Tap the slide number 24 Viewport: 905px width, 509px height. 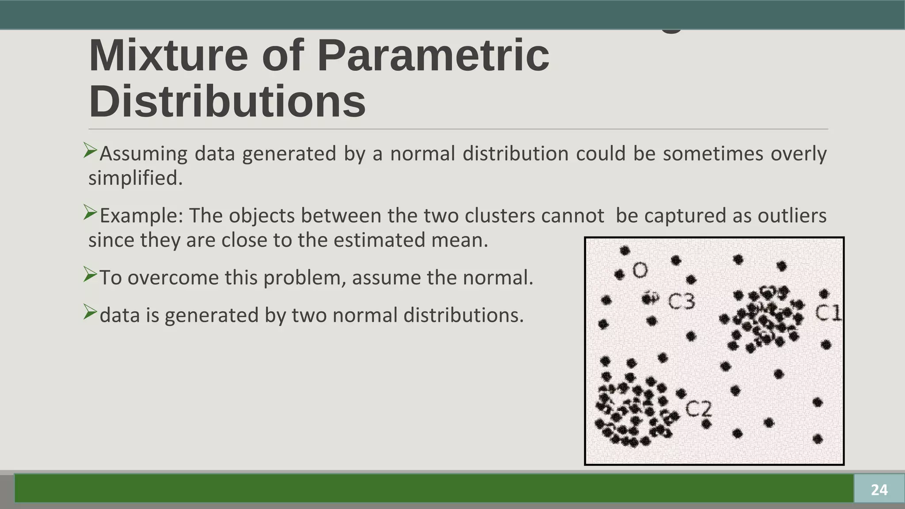point(879,490)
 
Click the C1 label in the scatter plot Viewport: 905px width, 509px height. point(828,313)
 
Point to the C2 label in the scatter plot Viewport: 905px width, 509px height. point(699,409)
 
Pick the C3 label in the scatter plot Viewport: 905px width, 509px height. point(681,301)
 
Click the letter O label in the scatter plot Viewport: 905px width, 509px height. point(640,270)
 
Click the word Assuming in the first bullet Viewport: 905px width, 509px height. point(144,154)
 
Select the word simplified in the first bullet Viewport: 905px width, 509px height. point(135,178)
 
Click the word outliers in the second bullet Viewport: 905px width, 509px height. point(792,216)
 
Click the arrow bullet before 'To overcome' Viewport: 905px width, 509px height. point(90,275)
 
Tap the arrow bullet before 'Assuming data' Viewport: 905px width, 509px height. point(90,151)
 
